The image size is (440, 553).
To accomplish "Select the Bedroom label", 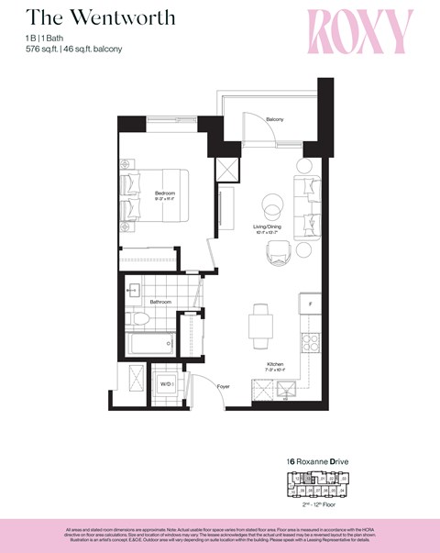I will pos(165,192).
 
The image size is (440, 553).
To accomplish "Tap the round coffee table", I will pos(272,203).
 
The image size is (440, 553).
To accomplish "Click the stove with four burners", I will pos(312,344).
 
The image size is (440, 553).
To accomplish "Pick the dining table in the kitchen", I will pos(260,322).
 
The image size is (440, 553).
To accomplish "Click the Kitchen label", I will pos(274,364).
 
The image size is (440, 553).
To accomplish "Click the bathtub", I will pos(150,346).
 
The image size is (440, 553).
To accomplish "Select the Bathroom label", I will pos(161,301).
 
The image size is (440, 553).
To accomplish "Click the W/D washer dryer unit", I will pos(166,384).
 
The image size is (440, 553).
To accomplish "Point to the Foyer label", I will pos(224,387).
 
